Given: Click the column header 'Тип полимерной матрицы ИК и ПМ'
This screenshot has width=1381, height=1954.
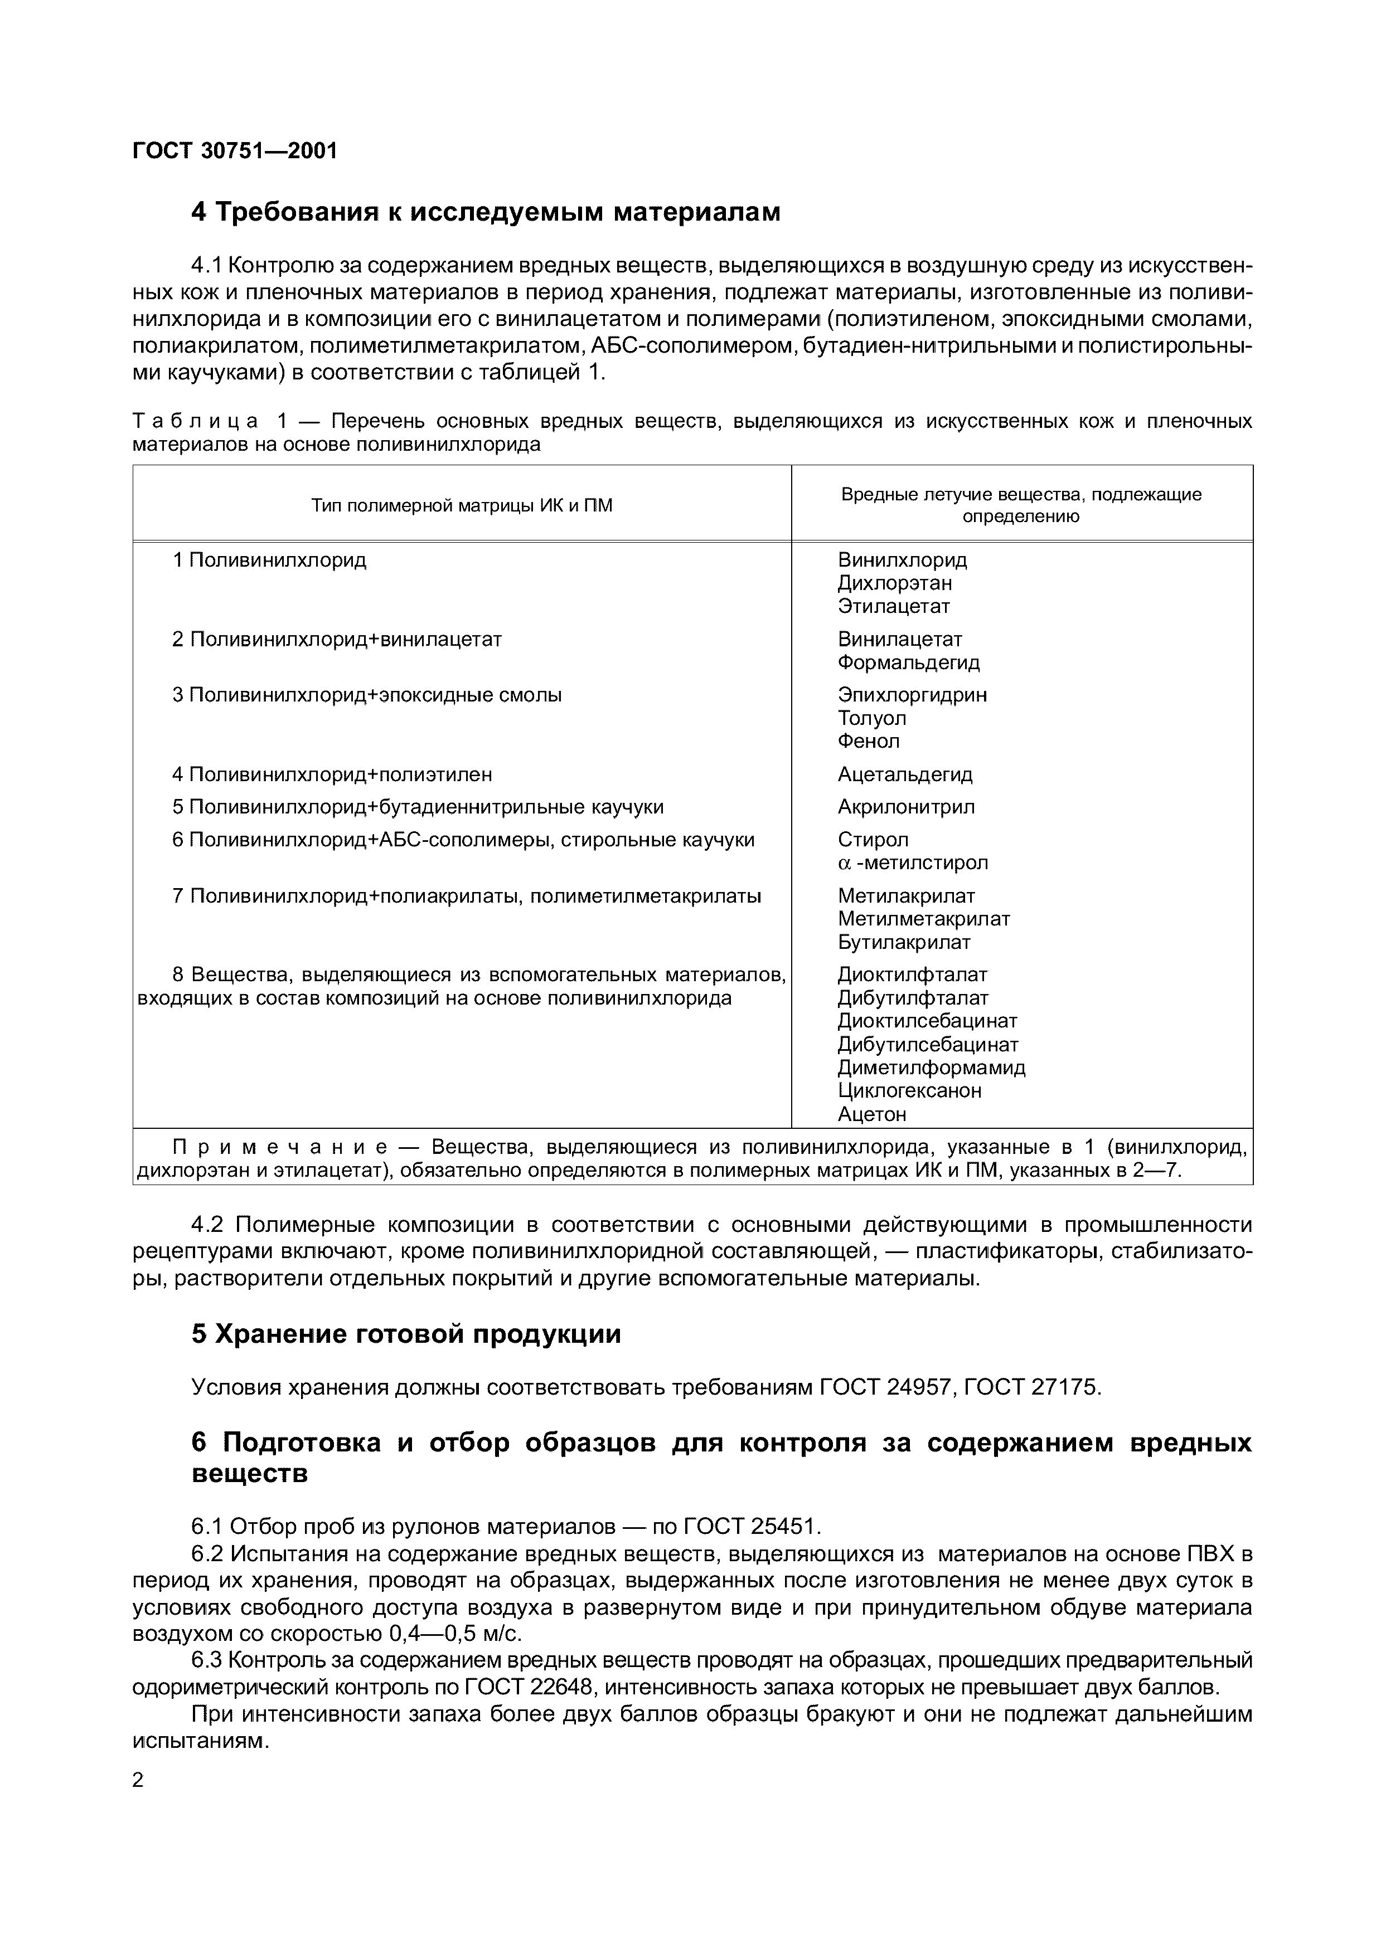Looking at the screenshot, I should [462, 505].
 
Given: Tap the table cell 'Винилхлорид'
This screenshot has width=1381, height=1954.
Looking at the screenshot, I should [902, 560].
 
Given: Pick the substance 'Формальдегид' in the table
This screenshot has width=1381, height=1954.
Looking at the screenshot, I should [908, 662].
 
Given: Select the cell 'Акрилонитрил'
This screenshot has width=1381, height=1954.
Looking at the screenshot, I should [906, 807].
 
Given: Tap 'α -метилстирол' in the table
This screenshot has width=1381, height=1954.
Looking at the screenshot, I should [913, 863].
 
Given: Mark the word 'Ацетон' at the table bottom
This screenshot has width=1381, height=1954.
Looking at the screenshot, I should [872, 1114].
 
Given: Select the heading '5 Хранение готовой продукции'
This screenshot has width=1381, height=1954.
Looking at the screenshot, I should [406, 1333].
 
